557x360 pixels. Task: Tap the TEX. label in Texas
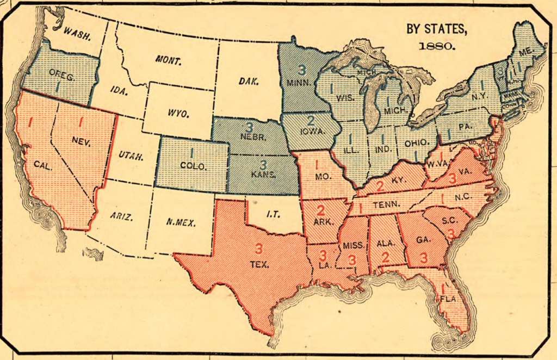(x=258, y=265)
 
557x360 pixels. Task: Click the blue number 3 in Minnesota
(x=301, y=70)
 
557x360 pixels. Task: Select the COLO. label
(x=193, y=166)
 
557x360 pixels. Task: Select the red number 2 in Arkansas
(x=320, y=210)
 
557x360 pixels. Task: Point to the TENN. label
(x=387, y=205)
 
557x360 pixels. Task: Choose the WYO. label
(x=177, y=114)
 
